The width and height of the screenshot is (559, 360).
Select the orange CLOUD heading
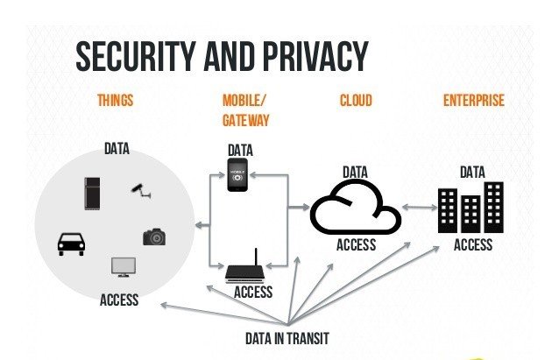pyautogui.click(x=356, y=101)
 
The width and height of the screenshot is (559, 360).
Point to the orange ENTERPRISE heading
pyautogui.click(x=474, y=101)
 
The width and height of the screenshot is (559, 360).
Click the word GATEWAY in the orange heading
pyautogui.click(x=246, y=120)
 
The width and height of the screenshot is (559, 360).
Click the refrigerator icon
pyautogui.click(x=93, y=193)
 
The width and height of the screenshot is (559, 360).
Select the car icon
pyautogui.click(x=71, y=243)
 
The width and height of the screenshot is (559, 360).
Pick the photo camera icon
pyautogui.click(x=154, y=236)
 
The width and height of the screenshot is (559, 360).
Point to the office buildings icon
pyautogui.click(x=471, y=208)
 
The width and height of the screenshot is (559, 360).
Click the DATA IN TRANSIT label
pyautogui.click(x=287, y=338)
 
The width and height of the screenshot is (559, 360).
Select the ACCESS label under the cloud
pyautogui.click(x=356, y=245)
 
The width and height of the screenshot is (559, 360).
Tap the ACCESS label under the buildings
pyautogui.click(x=472, y=245)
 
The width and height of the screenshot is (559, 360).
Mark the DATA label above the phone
pyautogui.click(x=240, y=151)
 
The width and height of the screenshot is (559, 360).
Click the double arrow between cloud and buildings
pyautogui.click(x=419, y=208)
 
